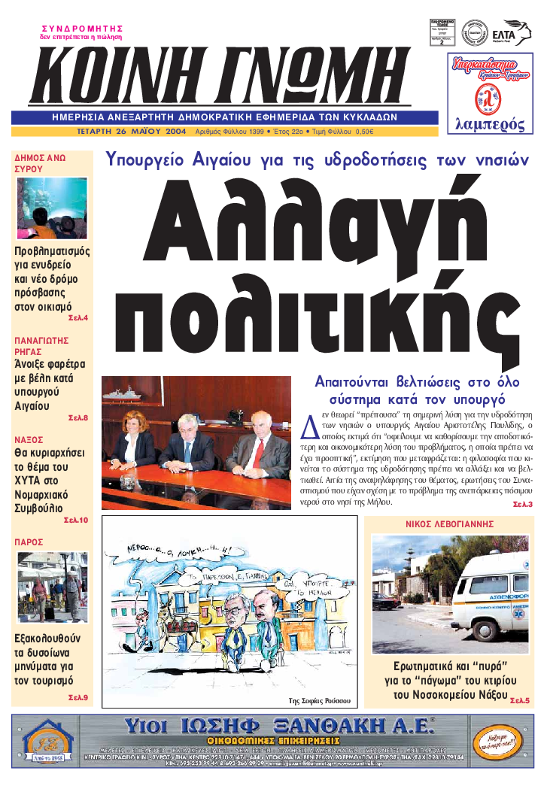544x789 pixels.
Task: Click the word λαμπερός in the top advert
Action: [x=491, y=125]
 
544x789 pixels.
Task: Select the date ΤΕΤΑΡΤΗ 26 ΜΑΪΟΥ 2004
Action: [x=132, y=131]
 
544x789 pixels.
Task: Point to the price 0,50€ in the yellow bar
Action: [x=364, y=131]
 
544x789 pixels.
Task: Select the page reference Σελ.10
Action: [x=76, y=520]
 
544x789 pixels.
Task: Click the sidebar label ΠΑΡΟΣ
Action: [x=29, y=542]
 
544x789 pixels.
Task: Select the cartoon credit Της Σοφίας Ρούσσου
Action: [x=320, y=700]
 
